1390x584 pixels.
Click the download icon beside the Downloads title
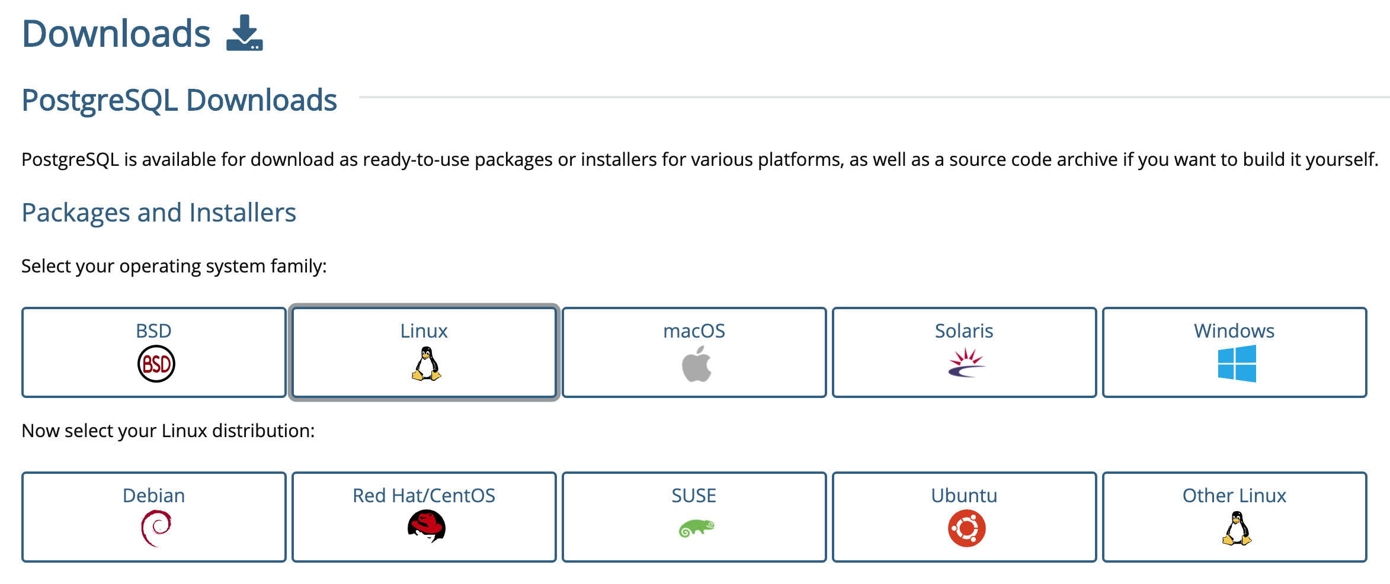(x=244, y=33)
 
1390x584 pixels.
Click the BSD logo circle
(x=156, y=364)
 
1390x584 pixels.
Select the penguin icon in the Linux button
(x=426, y=364)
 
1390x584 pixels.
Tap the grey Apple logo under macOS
(x=696, y=364)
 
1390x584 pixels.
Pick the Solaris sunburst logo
(x=966, y=363)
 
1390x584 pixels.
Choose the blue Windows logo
(x=1237, y=364)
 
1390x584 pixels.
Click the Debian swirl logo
(x=156, y=528)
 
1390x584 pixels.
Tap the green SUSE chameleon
(x=696, y=528)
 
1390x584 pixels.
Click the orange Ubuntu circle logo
(x=966, y=528)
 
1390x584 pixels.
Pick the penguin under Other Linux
(x=1237, y=528)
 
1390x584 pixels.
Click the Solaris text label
(x=964, y=330)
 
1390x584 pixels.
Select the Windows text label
(x=1234, y=330)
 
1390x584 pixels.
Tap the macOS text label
(x=694, y=330)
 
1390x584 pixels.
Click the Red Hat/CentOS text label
(x=424, y=495)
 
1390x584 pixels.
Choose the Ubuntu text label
(x=964, y=495)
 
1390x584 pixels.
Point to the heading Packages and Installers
(x=159, y=213)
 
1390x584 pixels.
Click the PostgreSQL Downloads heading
(x=179, y=100)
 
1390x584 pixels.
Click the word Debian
(x=153, y=495)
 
